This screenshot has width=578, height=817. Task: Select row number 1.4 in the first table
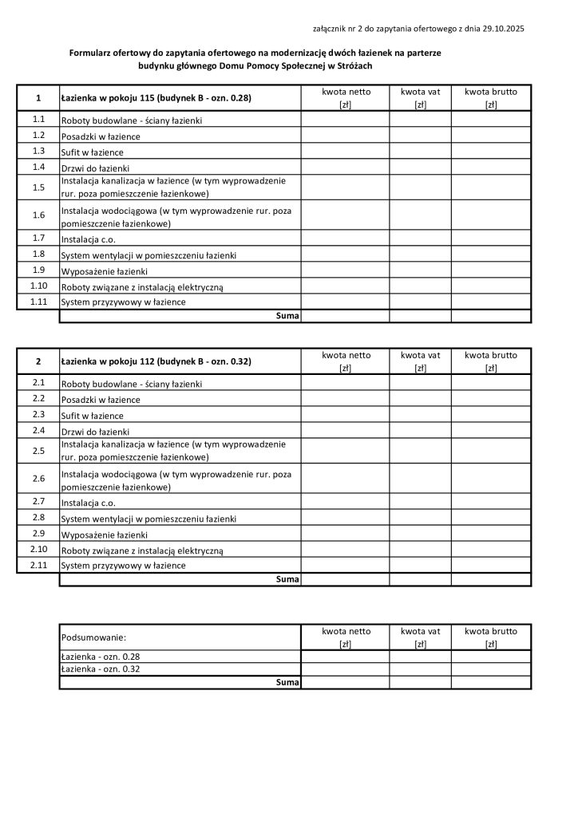[x=38, y=167]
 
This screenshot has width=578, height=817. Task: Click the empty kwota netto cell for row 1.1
[x=345, y=119]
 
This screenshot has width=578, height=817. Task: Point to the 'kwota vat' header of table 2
[x=420, y=355]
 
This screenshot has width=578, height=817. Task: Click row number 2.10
[x=38, y=549]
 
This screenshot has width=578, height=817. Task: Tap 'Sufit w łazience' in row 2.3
[x=93, y=416]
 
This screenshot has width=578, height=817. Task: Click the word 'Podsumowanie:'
[x=93, y=637]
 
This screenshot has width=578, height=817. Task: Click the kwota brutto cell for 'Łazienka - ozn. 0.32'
[x=490, y=669]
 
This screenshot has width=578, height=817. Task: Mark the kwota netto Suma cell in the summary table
[x=345, y=682]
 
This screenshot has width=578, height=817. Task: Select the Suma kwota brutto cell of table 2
[x=490, y=579]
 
